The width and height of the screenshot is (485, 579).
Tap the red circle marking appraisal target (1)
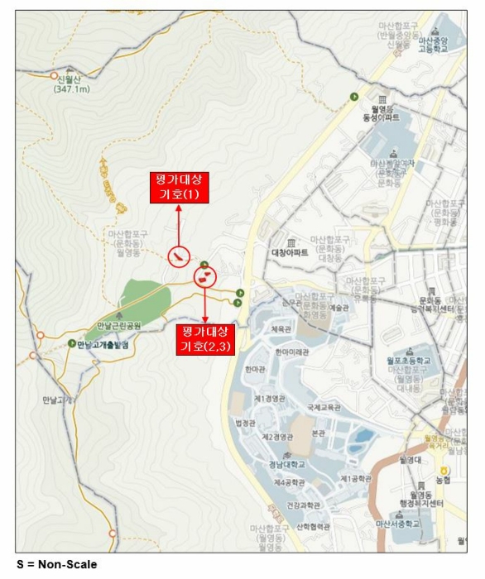click(178, 257)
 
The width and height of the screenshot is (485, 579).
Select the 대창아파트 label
click(295, 251)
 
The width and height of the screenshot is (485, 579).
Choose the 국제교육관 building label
click(324, 407)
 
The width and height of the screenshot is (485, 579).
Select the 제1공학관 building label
click(358, 478)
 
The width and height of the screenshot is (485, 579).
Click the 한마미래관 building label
click(293, 352)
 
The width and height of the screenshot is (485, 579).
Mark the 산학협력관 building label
click(312, 526)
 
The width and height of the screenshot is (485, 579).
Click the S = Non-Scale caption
click(57, 564)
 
